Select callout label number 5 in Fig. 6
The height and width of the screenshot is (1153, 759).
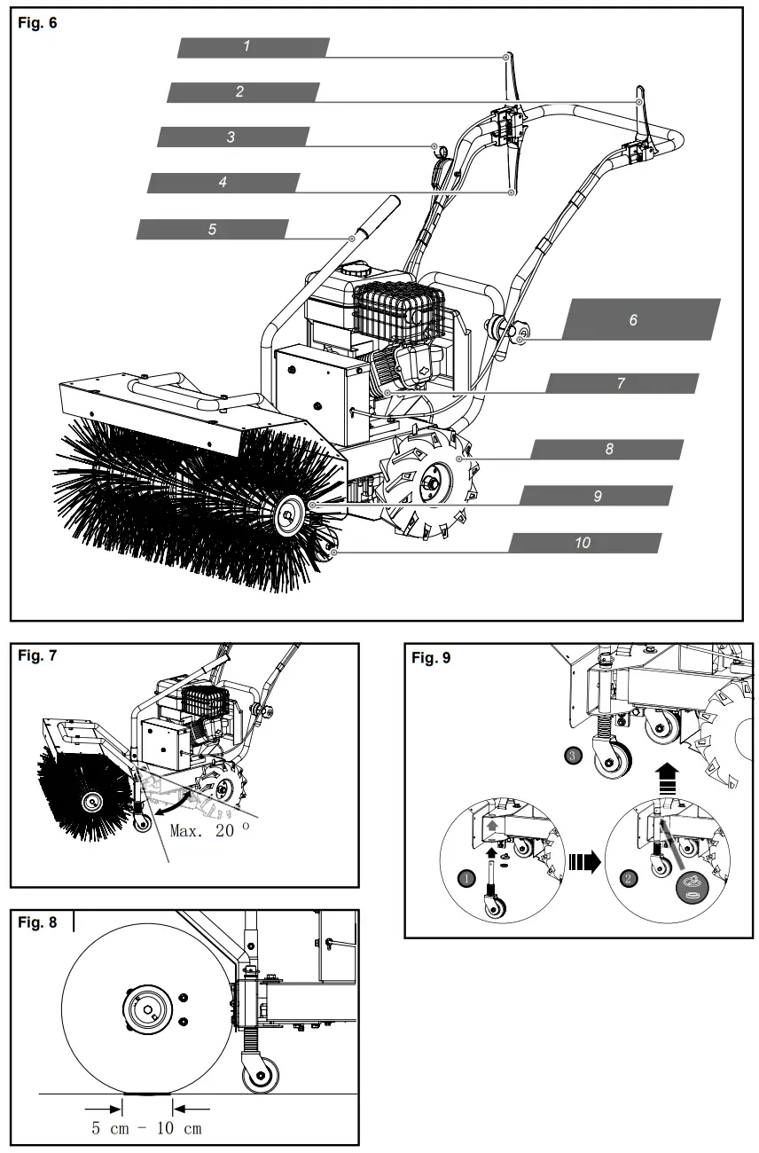213,229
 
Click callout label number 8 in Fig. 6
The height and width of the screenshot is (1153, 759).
608,449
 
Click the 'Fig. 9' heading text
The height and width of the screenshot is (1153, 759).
432,659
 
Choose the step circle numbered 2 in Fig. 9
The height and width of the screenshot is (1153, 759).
630,880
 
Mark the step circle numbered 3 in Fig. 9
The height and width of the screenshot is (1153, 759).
574,756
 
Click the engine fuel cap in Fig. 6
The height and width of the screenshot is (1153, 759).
359,266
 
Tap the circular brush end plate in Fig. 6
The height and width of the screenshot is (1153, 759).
290,516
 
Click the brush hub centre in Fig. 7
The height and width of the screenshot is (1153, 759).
89,801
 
